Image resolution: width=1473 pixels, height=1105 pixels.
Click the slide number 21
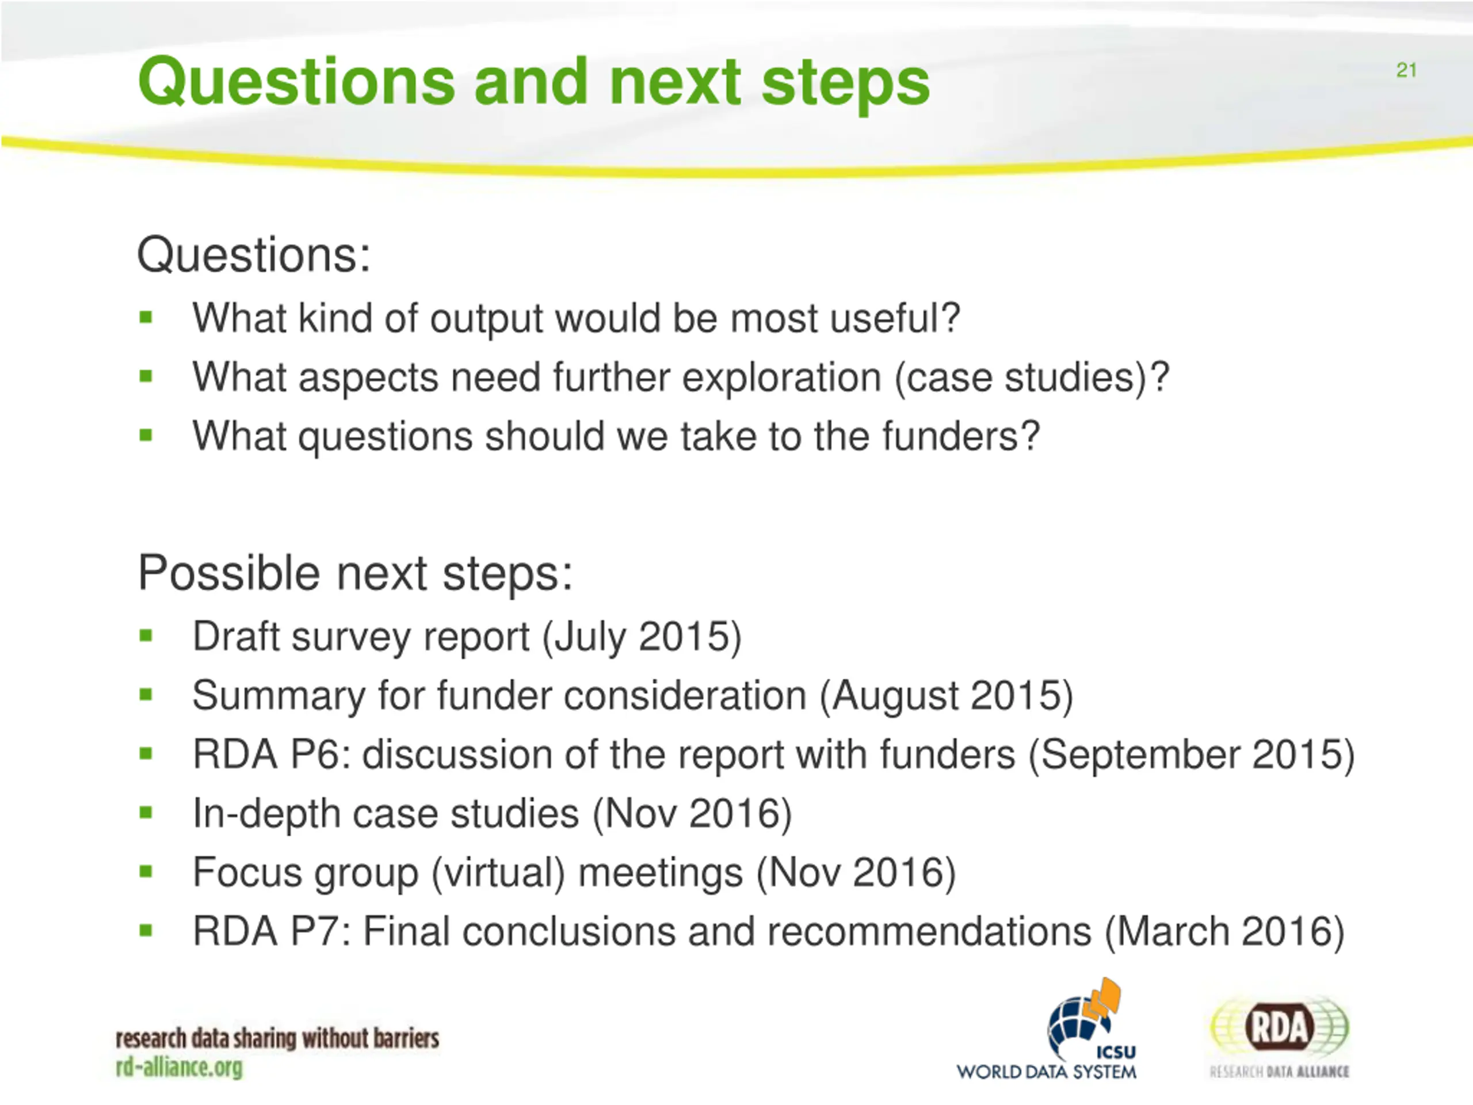[1406, 70]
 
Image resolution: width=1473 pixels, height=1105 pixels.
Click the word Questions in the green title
[297, 83]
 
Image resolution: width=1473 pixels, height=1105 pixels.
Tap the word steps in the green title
[845, 86]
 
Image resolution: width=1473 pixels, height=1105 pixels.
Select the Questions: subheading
[254, 254]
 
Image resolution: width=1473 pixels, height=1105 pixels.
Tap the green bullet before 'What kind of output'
[146, 318]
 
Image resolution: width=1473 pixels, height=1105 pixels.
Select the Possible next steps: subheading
[355, 573]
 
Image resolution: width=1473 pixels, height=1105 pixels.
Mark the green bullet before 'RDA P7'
[146, 931]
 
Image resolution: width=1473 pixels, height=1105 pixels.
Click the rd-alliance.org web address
[179, 1067]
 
